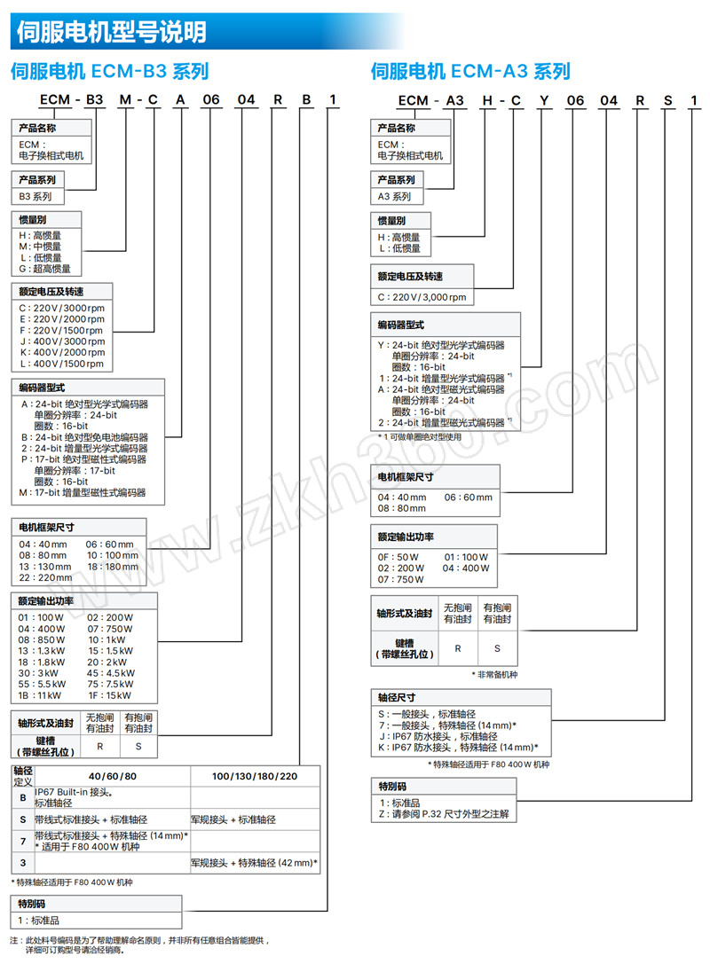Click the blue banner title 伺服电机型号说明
point(111,32)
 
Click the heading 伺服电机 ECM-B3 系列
point(109,71)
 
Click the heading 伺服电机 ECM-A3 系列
point(470,71)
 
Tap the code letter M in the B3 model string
point(125,99)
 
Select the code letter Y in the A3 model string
point(544,100)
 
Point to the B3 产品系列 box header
point(37,179)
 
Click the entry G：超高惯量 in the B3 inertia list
point(45,269)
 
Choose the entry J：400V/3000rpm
point(62,341)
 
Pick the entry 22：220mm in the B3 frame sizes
point(45,577)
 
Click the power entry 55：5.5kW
point(42,684)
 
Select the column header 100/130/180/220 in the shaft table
point(255,776)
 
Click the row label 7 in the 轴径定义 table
point(23,841)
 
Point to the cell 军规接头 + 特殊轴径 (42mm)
point(254,863)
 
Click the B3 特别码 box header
point(31,904)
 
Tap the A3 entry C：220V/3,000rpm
point(422,297)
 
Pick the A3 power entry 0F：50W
point(398,557)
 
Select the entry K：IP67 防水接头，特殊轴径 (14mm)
point(458,747)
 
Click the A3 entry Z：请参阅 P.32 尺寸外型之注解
point(444,814)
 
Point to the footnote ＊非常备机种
point(494,674)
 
